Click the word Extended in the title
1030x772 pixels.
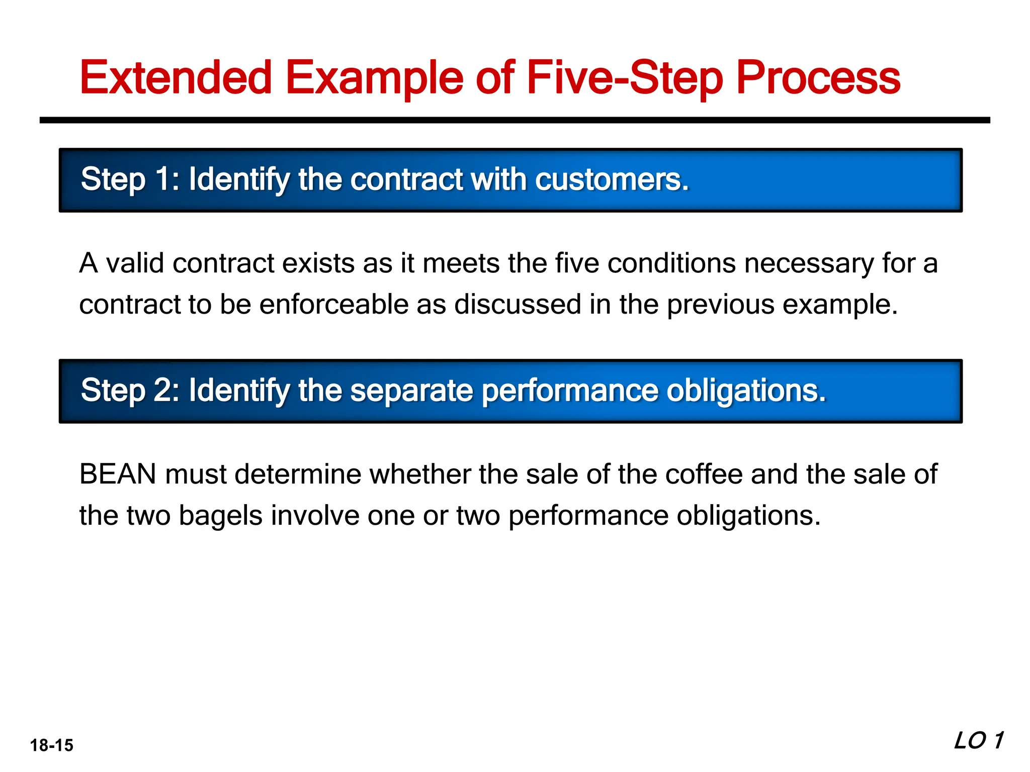[x=176, y=78]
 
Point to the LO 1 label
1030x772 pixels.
[x=979, y=741]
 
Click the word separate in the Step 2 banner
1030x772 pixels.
[x=411, y=391]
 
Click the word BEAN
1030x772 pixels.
[x=118, y=474]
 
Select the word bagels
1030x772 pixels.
[x=221, y=516]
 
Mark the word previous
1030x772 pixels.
[x=721, y=305]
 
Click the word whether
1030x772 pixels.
[x=420, y=474]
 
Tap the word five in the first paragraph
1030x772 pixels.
[x=577, y=263]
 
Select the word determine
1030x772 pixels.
[x=298, y=474]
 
